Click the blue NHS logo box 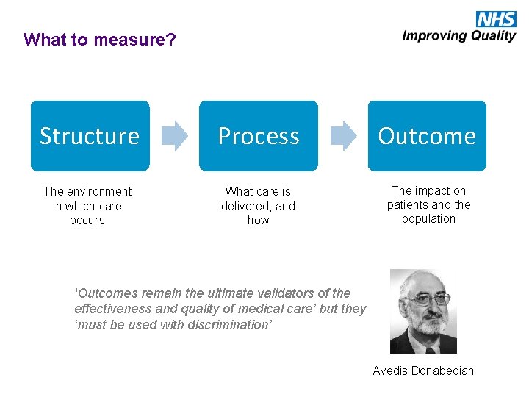[496, 19]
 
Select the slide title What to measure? [100, 40]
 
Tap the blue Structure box [90, 136]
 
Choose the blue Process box [259, 136]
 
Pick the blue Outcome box [427, 136]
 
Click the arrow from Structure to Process [174, 136]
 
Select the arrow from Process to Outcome [343, 136]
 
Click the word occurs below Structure [87, 221]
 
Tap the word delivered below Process [248, 206]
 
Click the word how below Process [259, 221]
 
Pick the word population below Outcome [429, 219]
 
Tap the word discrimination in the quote [228, 324]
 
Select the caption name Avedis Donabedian [423, 371]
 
